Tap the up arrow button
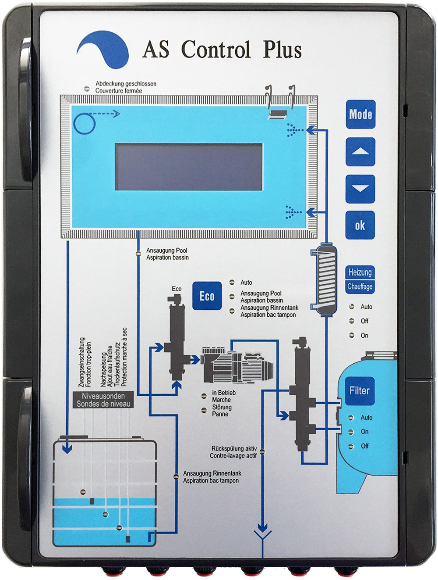coord(360,152)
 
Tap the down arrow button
coord(360,189)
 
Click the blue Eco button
coord(207,296)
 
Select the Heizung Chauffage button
coord(360,279)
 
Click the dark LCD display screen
coord(189,167)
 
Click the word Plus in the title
coord(282,49)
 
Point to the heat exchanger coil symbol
coord(324,279)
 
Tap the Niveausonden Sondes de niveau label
coord(103,400)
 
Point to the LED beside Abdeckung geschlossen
coord(87,88)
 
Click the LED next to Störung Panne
coord(204,410)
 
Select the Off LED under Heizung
coord(351,321)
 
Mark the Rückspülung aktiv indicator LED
coord(261,450)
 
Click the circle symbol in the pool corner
coord(84,123)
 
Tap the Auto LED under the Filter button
coord(351,417)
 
